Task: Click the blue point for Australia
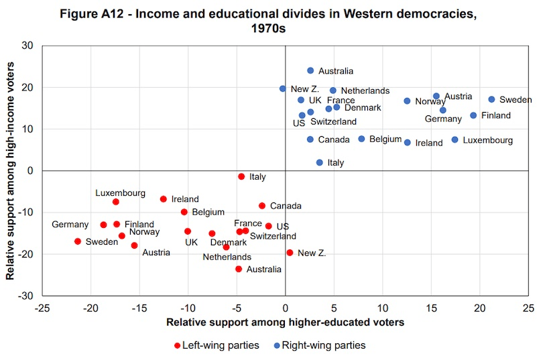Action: tap(310, 70)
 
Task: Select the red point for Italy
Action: tap(241, 176)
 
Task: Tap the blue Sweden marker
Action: tap(491, 99)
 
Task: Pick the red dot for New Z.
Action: tap(290, 253)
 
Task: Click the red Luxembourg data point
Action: tap(115, 202)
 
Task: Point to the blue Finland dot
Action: tap(473, 115)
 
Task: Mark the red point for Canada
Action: tap(262, 206)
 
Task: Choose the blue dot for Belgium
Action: tap(361, 139)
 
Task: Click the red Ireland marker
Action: tap(163, 199)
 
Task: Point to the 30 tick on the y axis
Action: tap(29, 46)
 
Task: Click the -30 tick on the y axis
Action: tap(27, 296)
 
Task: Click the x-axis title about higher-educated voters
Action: tap(285, 322)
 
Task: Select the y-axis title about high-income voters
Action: tap(11, 170)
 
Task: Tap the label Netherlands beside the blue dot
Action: tap(365, 91)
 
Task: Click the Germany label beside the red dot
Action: tap(70, 225)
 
